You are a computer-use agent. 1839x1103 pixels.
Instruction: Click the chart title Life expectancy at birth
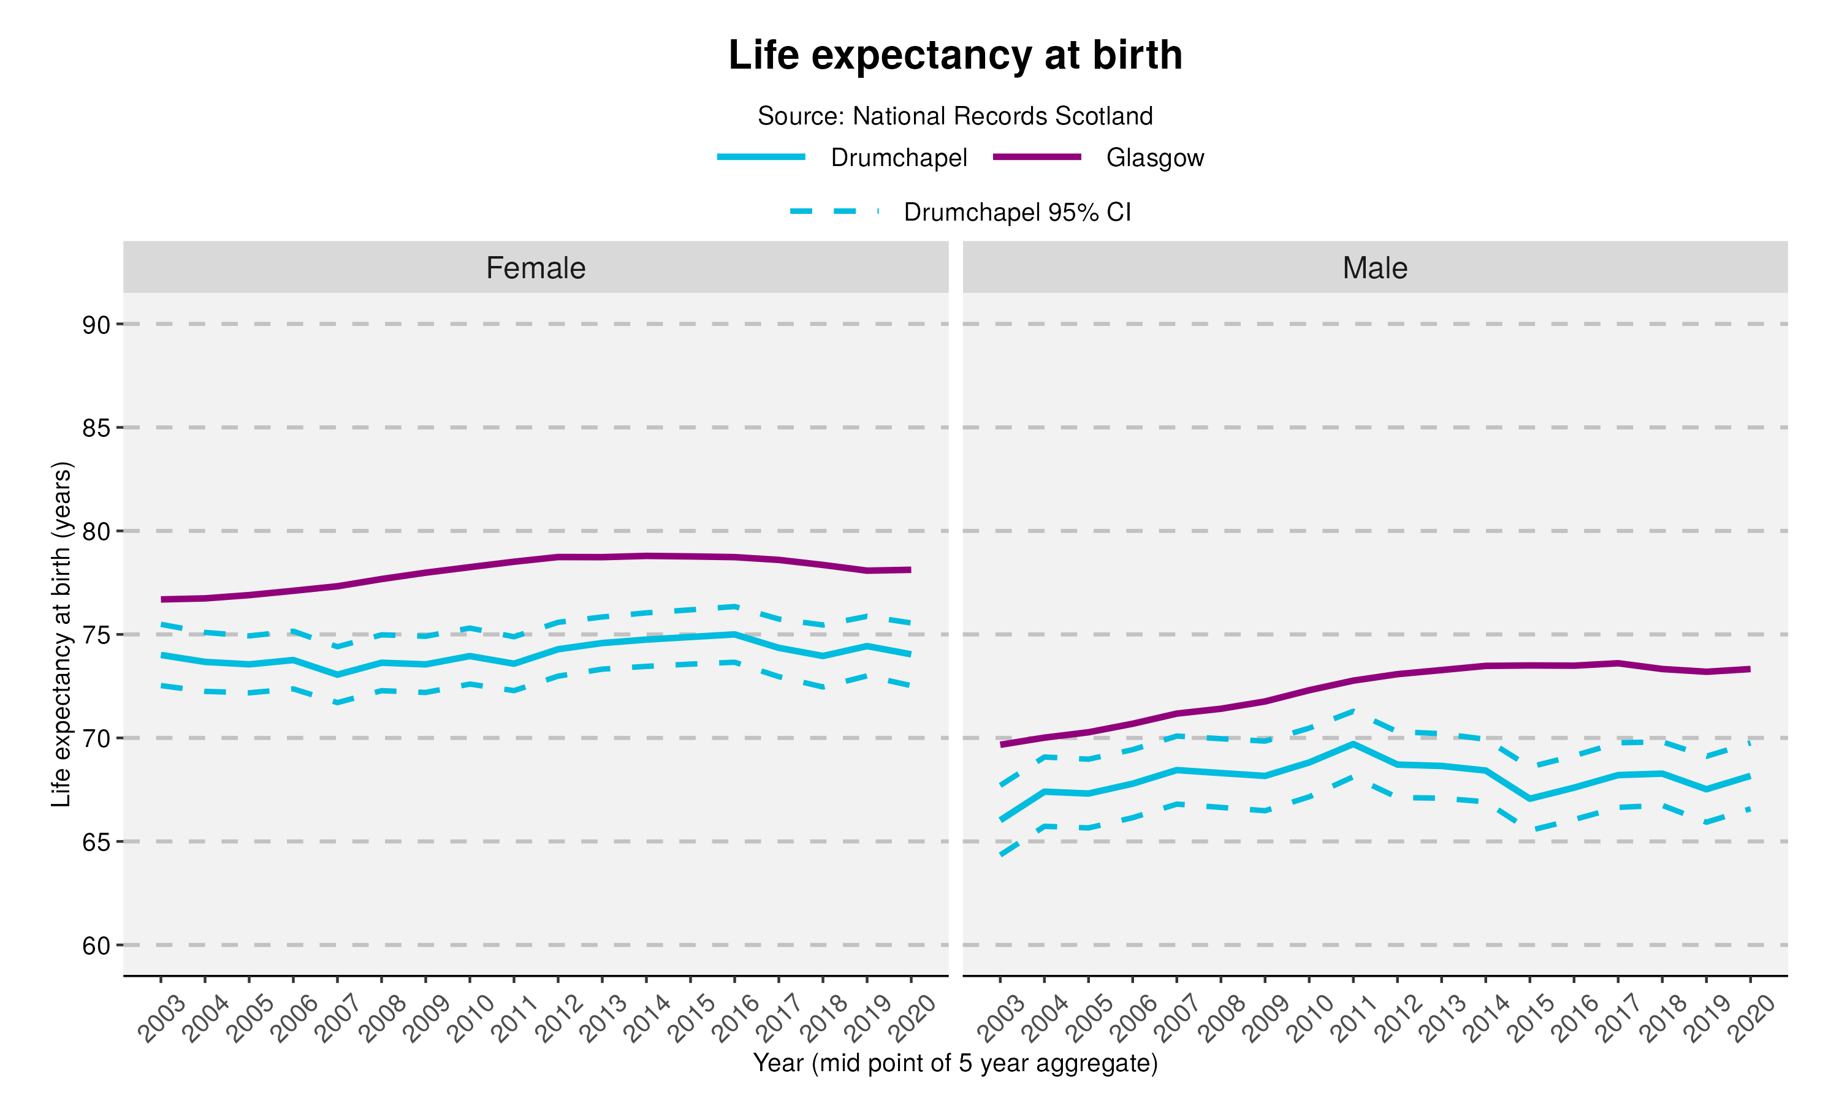pyautogui.click(x=954, y=55)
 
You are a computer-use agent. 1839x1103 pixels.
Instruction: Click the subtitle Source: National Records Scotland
pyautogui.click(x=954, y=116)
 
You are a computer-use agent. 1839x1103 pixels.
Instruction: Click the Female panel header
pyautogui.click(x=535, y=268)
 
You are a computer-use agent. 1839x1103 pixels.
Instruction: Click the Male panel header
pyautogui.click(x=1374, y=268)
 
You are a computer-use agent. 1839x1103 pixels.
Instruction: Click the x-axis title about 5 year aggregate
pyautogui.click(x=954, y=1063)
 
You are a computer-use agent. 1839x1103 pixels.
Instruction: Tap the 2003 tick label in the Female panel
pyautogui.click(x=161, y=1018)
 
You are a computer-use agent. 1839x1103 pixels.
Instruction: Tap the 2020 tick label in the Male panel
pyautogui.click(x=1751, y=1018)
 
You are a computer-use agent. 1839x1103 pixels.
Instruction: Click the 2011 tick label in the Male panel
pyautogui.click(x=1354, y=1018)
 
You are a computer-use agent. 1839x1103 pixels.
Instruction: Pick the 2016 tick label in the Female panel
pyautogui.click(x=734, y=1018)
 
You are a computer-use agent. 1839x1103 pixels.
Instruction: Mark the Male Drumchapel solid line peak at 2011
pyautogui.click(x=1353, y=743)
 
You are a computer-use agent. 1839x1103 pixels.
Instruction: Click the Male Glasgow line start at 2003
pyautogui.click(x=1001, y=744)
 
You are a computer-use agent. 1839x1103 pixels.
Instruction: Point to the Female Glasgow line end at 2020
pyautogui.click(x=910, y=570)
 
